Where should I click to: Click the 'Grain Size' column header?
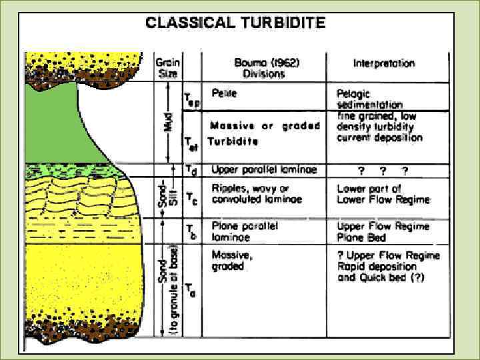click(x=167, y=67)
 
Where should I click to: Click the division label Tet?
click(x=192, y=142)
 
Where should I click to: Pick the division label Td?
click(x=193, y=171)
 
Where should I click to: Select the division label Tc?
click(x=191, y=198)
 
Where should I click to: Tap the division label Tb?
click(x=191, y=231)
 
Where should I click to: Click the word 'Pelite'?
click(x=224, y=93)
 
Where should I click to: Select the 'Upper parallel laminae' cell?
click(x=263, y=171)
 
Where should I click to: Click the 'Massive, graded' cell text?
click(x=229, y=260)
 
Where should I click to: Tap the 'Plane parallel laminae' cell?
click(x=245, y=231)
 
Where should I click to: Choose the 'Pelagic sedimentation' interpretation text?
click(x=369, y=99)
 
